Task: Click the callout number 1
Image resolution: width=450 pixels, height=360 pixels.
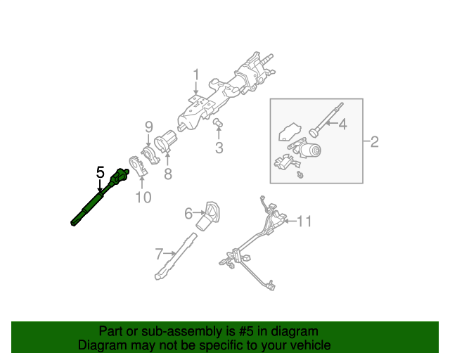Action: pyautogui.click(x=197, y=75)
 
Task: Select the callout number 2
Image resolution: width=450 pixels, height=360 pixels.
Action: pyautogui.click(x=374, y=143)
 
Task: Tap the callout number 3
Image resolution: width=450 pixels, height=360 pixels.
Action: pyautogui.click(x=219, y=148)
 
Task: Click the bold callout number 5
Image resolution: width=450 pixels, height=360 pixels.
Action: pyautogui.click(x=100, y=172)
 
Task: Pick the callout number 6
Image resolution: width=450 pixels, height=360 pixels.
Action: pyautogui.click(x=188, y=212)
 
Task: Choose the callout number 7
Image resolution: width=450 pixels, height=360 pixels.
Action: pyautogui.click(x=159, y=252)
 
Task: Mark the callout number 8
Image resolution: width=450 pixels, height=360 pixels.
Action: pyautogui.click(x=167, y=172)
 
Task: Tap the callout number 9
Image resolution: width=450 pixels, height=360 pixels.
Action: pyautogui.click(x=148, y=127)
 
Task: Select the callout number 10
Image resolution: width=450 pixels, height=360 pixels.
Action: pyautogui.click(x=143, y=198)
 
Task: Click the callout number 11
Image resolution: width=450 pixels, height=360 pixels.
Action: pyautogui.click(x=303, y=221)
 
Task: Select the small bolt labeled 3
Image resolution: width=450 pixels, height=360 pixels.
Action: pyautogui.click(x=219, y=124)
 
